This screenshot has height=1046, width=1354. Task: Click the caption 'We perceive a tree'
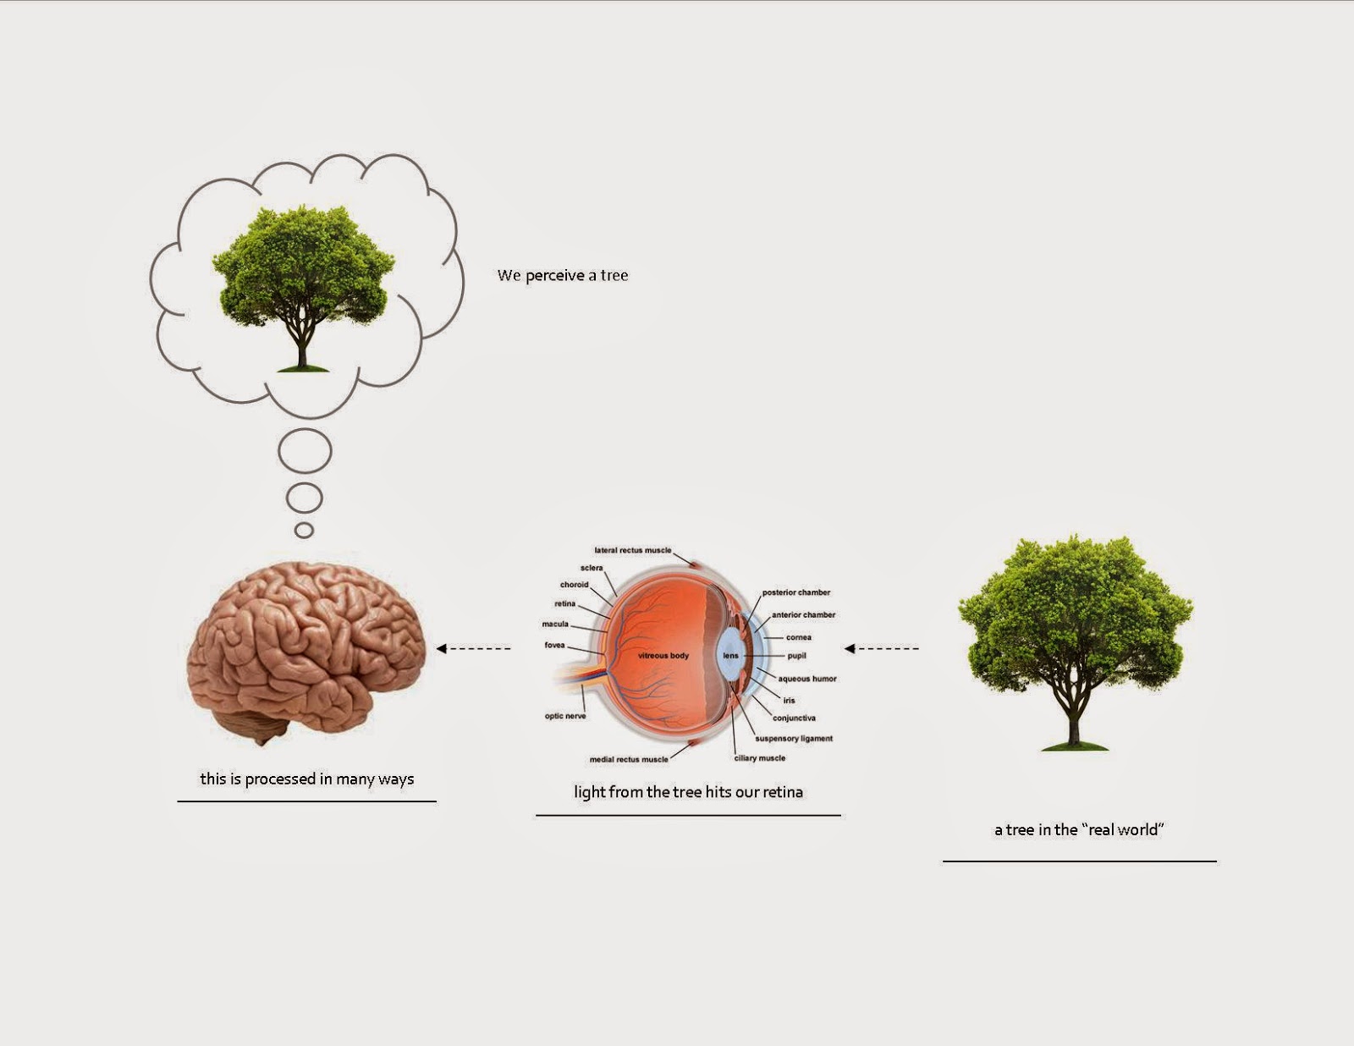tap(563, 276)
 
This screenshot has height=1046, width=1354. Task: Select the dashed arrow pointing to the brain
tap(474, 649)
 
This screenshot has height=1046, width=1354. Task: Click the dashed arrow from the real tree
tap(882, 649)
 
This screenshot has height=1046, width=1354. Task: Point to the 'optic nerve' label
tap(565, 716)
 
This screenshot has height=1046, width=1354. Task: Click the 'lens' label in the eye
tap(730, 656)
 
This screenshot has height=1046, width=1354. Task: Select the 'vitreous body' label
tap(663, 656)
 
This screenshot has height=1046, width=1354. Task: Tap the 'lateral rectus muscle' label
tap(633, 550)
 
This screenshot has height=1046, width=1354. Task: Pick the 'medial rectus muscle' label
tap(629, 759)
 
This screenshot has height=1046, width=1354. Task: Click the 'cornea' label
tap(799, 637)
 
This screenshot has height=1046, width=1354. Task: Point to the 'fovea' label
tap(554, 645)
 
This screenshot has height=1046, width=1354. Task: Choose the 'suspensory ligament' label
tap(794, 739)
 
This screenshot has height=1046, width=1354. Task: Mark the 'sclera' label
tap(592, 568)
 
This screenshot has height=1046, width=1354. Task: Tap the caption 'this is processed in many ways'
tap(307, 779)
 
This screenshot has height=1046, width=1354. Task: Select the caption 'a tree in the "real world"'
tap(1079, 830)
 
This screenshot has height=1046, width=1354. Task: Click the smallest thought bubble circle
tap(304, 531)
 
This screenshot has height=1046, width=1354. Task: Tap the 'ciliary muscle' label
tap(760, 758)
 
